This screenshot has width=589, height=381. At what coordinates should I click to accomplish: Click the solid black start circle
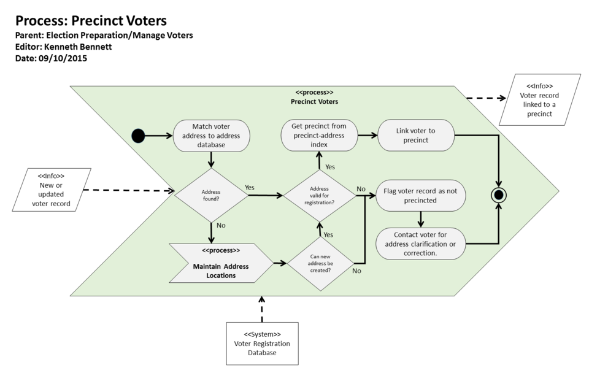pos(139,136)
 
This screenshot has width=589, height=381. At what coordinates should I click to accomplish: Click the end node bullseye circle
pos(498,195)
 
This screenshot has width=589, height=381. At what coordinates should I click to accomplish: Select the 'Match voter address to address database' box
pos(212,135)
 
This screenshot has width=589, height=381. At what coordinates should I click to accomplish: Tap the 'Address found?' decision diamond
pos(211,195)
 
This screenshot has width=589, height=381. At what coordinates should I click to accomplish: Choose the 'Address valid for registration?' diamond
pos(319,196)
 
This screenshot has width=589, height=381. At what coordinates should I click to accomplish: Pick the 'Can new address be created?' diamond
pos(319,263)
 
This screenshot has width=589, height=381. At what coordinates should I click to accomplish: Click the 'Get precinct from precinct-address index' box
pos(319,135)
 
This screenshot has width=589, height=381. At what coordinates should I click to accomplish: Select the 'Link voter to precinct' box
pos(415,135)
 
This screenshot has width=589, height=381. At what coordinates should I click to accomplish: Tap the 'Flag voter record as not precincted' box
pos(420,195)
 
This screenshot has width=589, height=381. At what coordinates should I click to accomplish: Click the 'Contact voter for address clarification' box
pos(420,244)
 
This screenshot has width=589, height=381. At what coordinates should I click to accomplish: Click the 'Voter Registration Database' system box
pos(262,344)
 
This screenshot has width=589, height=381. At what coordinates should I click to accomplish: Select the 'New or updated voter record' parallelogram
pos(52,190)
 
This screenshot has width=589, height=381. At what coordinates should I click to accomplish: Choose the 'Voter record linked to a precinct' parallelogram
pos(540,99)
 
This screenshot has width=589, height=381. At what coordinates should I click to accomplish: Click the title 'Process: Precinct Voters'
pos(91,21)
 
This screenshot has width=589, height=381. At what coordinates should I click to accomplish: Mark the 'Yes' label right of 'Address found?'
pos(250,187)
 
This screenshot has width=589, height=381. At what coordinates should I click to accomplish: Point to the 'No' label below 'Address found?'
pos(221,225)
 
